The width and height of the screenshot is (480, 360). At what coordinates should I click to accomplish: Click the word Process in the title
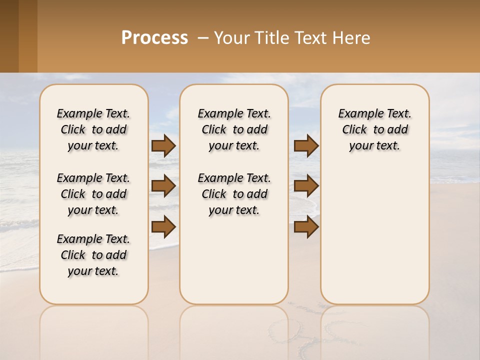pos(154,38)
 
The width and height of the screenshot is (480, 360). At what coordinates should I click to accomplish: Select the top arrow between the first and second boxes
pos(163,145)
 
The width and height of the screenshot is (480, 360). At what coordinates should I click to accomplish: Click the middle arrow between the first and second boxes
pos(163,186)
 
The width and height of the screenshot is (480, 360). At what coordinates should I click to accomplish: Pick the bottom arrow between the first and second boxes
pos(163,226)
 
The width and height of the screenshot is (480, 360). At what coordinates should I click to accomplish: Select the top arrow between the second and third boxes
pos(306,145)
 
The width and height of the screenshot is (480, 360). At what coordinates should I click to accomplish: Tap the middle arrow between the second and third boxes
pos(306,186)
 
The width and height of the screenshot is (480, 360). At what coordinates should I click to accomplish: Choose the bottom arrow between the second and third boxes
pos(306,226)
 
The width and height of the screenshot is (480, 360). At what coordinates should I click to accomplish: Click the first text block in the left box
pos(93,129)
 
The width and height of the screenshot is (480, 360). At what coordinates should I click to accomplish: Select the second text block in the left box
pos(93,194)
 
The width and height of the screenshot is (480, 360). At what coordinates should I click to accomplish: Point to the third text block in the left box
pos(93,255)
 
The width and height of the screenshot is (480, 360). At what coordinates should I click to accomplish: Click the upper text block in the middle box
pos(234,129)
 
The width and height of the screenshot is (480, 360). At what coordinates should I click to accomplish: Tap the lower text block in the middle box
pos(234,194)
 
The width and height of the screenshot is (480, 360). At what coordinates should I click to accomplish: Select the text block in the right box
pos(374,129)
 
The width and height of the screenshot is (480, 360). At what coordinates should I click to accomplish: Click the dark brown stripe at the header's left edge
pos(9,36)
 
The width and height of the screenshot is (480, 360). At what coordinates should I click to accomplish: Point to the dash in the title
pos(203,38)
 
